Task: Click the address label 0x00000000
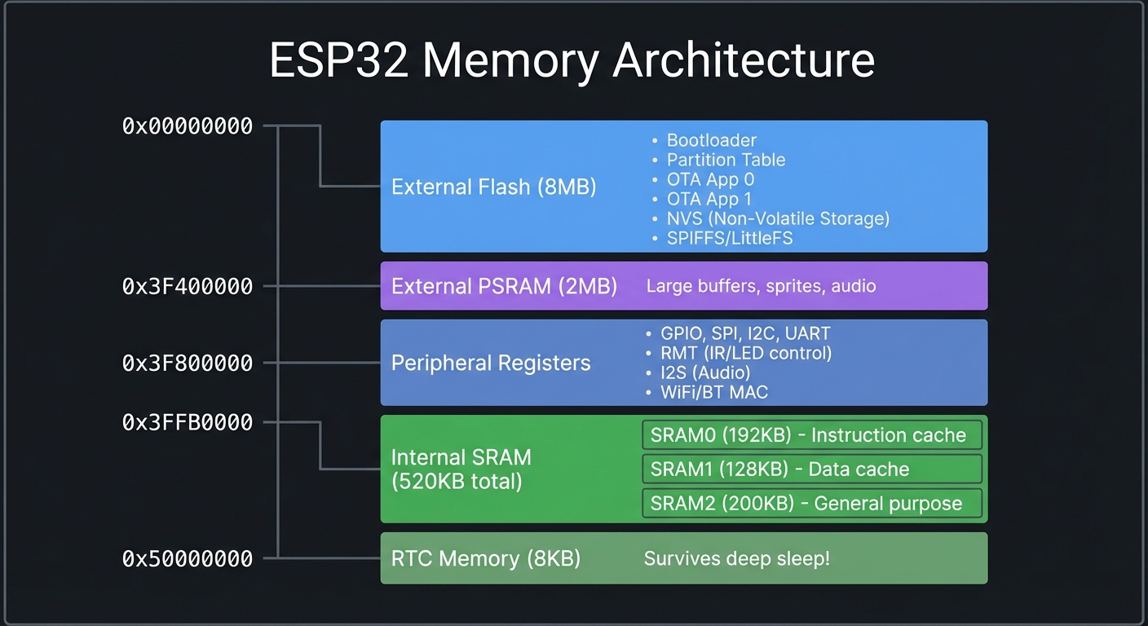tap(188, 126)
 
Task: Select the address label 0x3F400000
tap(188, 287)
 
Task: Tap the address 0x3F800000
tap(188, 364)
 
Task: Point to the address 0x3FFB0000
tap(188, 422)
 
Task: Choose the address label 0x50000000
tap(188, 558)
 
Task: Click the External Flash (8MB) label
tap(493, 187)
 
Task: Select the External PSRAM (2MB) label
tap(504, 287)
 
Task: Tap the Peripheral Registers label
tap(491, 363)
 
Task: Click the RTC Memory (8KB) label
tap(485, 558)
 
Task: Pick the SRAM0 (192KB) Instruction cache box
tap(811, 435)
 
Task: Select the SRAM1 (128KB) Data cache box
tap(811, 469)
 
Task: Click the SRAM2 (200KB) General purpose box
tap(811, 504)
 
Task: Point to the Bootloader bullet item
tap(711, 140)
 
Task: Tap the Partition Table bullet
tap(726, 160)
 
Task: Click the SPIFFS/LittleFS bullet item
tap(730, 238)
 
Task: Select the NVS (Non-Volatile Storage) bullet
tap(778, 218)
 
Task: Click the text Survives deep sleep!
tap(737, 558)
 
